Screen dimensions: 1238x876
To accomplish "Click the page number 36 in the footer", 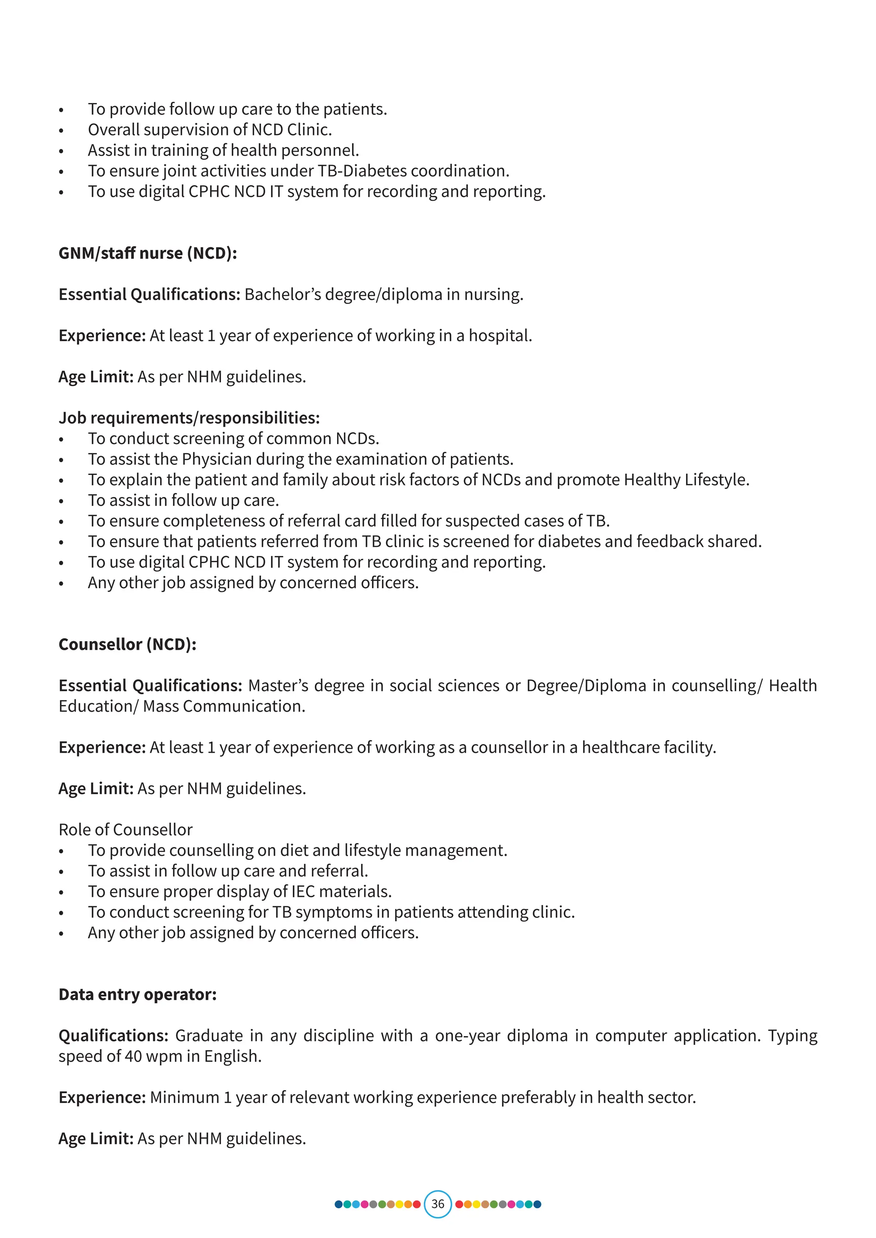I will coord(438,1204).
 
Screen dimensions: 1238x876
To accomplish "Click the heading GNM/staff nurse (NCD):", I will coord(147,253).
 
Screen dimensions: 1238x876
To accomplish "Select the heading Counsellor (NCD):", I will coord(127,644).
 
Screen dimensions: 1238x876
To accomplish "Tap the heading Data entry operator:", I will coord(138,994).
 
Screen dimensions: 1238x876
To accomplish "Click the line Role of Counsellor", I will coord(125,829).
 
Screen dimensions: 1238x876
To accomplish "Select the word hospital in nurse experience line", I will coord(500,336).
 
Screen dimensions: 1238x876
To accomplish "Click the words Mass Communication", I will coord(223,706).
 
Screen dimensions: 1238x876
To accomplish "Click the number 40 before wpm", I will coord(133,1056).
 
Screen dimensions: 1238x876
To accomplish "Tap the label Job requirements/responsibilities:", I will coord(189,418).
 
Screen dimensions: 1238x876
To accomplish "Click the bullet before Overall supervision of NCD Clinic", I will coord(62,130).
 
